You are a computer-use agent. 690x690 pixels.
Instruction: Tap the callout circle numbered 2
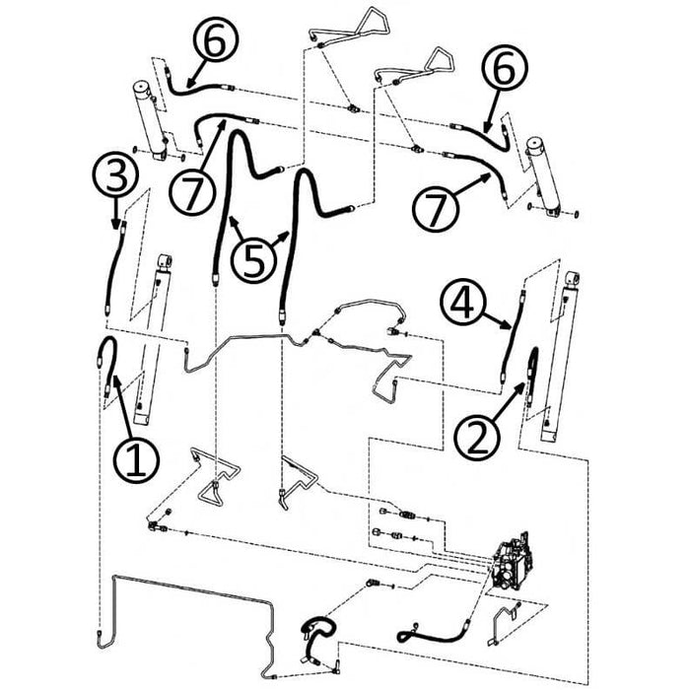pyautogui.click(x=476, y=436)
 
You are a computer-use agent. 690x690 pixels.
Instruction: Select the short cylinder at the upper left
pyautogui.click(x=151, y=118)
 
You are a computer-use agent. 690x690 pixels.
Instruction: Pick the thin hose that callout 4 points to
pyautogui.click(x=510, y=335)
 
